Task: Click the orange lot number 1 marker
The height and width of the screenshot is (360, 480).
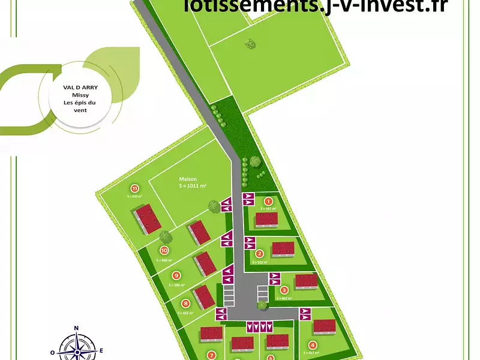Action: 269,202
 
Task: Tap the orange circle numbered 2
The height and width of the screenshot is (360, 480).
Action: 260,253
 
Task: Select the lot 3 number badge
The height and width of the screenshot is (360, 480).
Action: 284,290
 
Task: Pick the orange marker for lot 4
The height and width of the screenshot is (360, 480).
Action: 312,345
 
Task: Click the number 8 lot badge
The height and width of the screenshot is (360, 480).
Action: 186,304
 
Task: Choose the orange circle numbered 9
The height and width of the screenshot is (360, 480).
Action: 176,275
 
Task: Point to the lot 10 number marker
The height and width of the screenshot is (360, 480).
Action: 163,251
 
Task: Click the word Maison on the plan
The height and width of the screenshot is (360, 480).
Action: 188,178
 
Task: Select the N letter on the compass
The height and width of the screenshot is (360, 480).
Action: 77,328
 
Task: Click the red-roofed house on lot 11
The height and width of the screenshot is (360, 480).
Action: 147,218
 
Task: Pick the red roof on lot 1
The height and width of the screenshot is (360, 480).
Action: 266,219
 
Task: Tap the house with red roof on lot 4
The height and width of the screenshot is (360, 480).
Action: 325,326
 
